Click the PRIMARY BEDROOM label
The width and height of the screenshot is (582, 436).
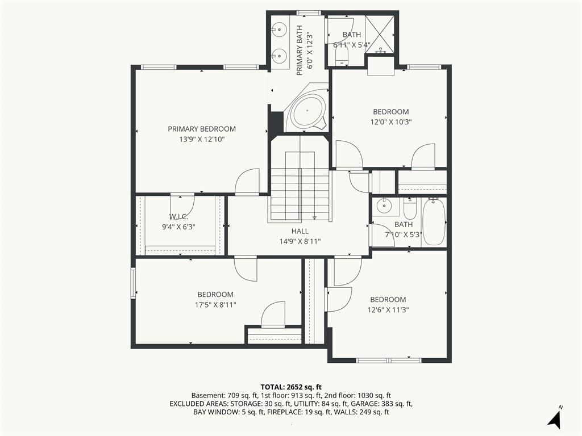click(202, 129)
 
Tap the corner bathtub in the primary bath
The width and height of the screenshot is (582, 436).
click(306, 111)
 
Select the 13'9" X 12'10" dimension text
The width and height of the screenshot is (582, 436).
click(202, 140)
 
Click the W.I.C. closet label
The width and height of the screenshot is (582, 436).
click(178, 217)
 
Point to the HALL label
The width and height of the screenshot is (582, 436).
click(300, 232)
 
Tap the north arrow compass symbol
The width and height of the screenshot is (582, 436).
click(555, 417)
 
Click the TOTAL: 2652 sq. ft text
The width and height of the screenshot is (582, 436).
click(291, 387)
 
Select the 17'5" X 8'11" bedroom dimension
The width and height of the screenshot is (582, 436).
click(215, 305)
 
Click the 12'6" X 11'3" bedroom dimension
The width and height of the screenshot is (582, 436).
click(388, 310)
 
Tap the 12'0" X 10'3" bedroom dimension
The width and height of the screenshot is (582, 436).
click(391, 122)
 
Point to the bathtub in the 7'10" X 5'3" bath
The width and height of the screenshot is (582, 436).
click(433, 222)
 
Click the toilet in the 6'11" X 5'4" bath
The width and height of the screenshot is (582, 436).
click(342, 58)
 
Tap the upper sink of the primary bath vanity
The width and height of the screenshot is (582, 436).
click(278, 28)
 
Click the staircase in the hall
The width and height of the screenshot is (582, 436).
click(300, 186)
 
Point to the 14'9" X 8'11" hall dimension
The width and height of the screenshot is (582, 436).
click(300, 242)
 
